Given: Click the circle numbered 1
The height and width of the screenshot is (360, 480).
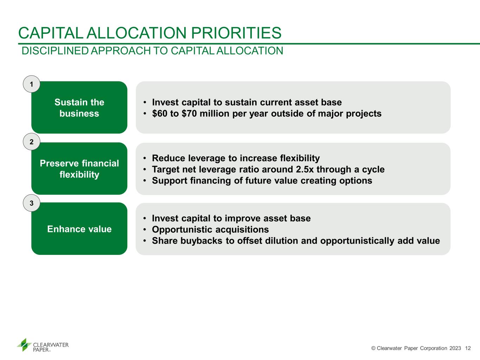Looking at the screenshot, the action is [32, 84].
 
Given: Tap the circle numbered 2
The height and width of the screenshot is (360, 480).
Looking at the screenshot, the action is [32, 142].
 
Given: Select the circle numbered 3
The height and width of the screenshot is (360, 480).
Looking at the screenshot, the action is [32, 203].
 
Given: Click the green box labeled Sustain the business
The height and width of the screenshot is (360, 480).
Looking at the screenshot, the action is [79, 107].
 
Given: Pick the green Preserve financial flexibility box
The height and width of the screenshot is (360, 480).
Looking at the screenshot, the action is [79, 168].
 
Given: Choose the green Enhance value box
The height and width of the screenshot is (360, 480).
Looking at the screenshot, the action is [79, 229].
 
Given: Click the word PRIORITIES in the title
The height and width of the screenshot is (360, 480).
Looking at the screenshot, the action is [236, 33].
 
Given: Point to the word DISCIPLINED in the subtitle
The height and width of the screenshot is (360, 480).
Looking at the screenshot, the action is [55, 51].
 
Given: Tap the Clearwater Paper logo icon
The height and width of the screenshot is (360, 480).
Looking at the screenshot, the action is [24, 345].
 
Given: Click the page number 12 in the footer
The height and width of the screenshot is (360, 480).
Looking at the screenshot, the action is [468, 348].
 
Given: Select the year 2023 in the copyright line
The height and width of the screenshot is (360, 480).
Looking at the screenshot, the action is [455, 348].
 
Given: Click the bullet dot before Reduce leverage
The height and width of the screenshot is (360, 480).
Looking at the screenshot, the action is [145, 158].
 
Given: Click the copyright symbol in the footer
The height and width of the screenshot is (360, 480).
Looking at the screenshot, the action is [373, 348].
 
